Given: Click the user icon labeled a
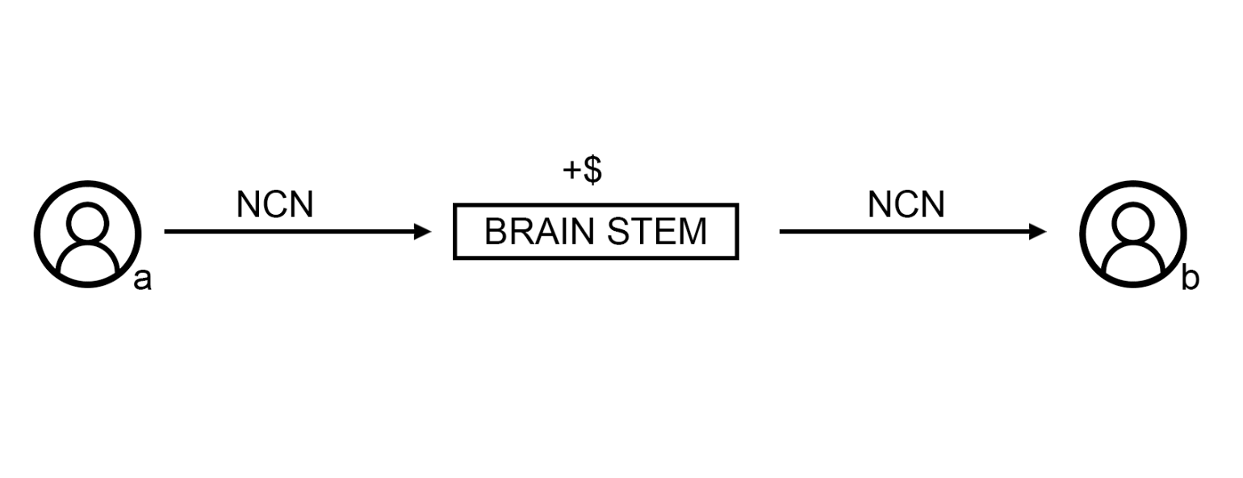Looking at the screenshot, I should tap(87, 233).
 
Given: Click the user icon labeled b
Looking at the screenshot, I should tap(1133, 233).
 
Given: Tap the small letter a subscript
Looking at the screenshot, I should tap(142, 280).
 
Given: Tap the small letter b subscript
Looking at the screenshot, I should tap(1190, 279).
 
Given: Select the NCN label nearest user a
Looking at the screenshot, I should tap(274, 205).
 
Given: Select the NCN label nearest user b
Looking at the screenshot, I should tap(906, 205).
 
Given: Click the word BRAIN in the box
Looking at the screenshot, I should tap(539, 232).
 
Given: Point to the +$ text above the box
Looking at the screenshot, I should tap(582, 170).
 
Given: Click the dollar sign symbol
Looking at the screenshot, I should tap(592, 170).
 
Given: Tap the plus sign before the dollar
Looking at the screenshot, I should tap(571, 171).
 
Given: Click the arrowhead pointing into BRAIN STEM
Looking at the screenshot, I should tap(423, 232).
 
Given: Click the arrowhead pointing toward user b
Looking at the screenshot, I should tap(1038, 232).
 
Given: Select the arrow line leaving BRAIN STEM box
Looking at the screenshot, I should tap(904, 232).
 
